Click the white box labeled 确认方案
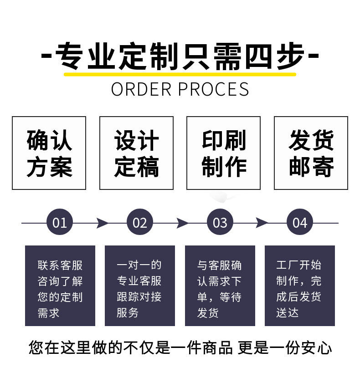[49, 153]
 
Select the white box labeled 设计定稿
[136, 153]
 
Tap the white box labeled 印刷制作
[223, 153]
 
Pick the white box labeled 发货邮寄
[311, 153]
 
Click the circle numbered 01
[60, 223]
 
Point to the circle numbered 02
[140, 223]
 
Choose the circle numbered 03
[220, 223]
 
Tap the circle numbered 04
[300, 223]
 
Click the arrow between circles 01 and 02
[102, 223]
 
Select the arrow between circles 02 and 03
[182, 223]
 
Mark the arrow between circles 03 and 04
[262, 223]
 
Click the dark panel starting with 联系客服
[60, 286]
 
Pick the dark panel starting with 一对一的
[140, 286]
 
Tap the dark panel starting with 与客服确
[220, 286]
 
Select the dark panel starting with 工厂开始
[300, 286]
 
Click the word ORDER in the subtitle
[141, 89]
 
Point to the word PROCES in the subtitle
[213, 89]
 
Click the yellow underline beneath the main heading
[180, 74]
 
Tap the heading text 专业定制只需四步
[180, 56]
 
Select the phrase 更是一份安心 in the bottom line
[284, 348]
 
